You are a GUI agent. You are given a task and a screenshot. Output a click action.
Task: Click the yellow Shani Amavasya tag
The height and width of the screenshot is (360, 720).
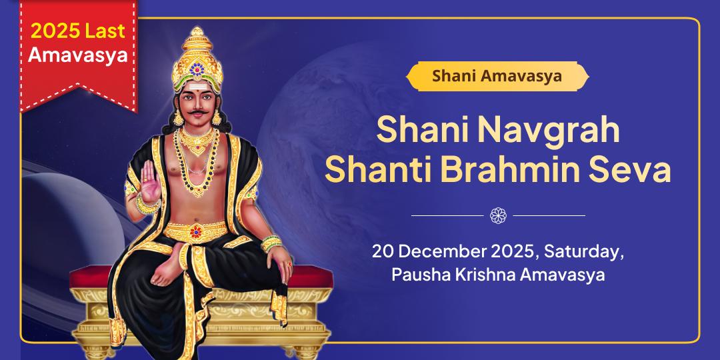tap(497, 76)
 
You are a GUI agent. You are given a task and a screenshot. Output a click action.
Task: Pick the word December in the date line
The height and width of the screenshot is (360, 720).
tap(449, 253)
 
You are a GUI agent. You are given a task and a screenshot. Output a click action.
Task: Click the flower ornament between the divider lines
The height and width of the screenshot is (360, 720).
tap(498, 215)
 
